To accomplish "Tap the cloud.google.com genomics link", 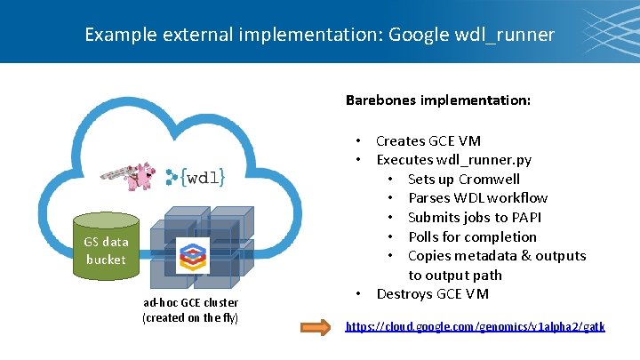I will pyautogui.click(x=475, y=326).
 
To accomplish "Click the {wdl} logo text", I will pyautogui.click(x=196, y=177).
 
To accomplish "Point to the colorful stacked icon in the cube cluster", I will pyautogui.click(x=192, y=256).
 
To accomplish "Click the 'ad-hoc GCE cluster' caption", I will pyautogui.click(x=190, y=302).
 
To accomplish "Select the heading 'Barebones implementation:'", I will pyautogui.click(x=438, y=100).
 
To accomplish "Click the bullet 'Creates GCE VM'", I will pyautogui.click(x=428, y=140).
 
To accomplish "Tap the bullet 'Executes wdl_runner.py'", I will pyautogui.click(x=453, y=160).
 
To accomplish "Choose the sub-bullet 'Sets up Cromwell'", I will pyautogui.click(x=463, y=179).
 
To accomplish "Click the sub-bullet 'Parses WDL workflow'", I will pyautogui.click(x=477, y=198).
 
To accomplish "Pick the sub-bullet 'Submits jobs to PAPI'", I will pyautogui.click(x=474, y=217).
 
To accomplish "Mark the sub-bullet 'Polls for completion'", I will pyautogui.click(x=472, y=236).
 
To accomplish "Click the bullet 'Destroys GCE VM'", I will pyautogui.click(x=432, y=293).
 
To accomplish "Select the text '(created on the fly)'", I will pyautogui.click(x=190, y=317).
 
